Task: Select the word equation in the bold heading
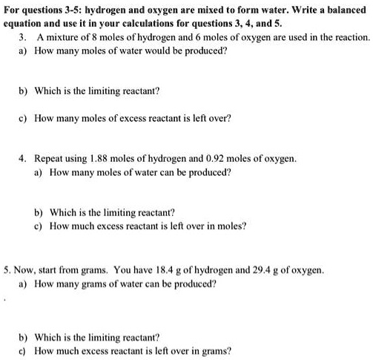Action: pos(27,23)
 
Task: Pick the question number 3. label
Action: pos(22,36)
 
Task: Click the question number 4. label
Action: pos(22,158)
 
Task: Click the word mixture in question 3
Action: pos(61,36)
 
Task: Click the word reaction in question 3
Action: pos(350,36)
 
